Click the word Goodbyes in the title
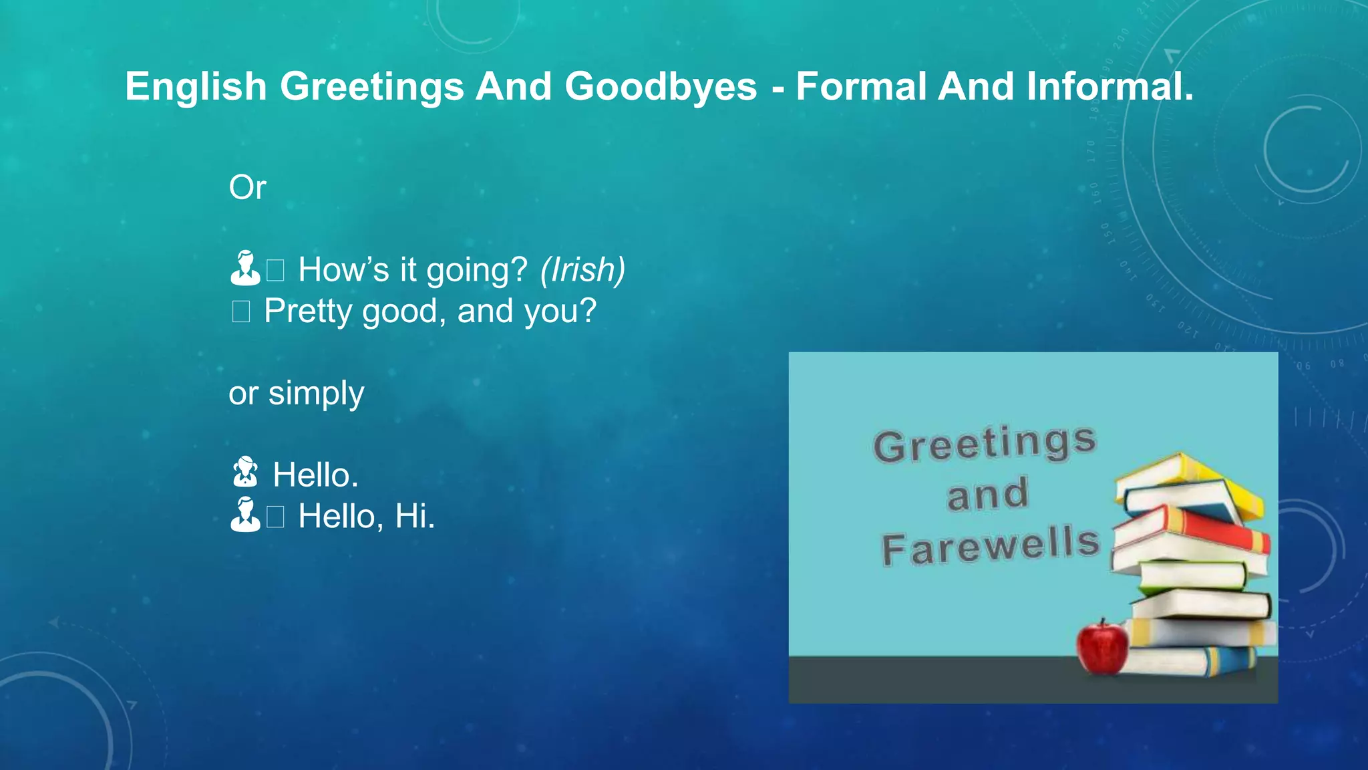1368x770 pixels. click(x=661, y=87)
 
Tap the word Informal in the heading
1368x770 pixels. click(x=1109, y=87)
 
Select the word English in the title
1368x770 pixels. click(x=196, y=87)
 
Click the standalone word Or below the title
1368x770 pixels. click(x=247, y=188)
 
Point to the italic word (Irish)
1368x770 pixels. click(x=582, y=270)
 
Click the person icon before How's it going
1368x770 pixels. click(x=245, y=269)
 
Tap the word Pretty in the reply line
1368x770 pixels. click(x=308, y=311)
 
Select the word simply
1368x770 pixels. click(x=316, y=394)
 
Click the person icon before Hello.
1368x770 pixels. click(x=245, y=473)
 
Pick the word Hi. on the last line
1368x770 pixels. click(x=415, y=517)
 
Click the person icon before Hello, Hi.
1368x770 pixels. click(x=245, y=515)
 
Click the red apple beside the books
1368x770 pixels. click(x=1101, y=646)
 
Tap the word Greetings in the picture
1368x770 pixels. click(x=985, y=444)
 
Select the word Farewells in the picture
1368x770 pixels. click(x=990, y=546)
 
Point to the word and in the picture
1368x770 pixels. click(x=987, y=495)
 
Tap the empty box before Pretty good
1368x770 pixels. click(x=240, y=311)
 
